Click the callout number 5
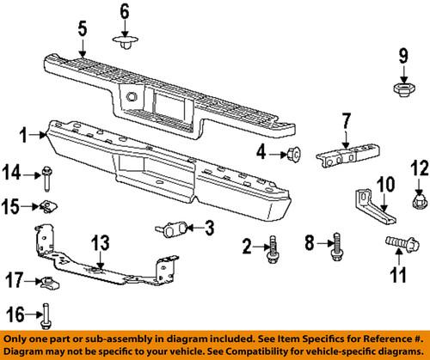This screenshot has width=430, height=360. pyautogui.click(x=82, y=29)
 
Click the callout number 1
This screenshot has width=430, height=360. pyautogui.click(x=24, y=134)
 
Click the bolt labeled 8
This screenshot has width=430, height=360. pyautogui.click(x=334, y=253)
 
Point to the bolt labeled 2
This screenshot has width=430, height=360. pyautogui.click(x=273, y=250)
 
